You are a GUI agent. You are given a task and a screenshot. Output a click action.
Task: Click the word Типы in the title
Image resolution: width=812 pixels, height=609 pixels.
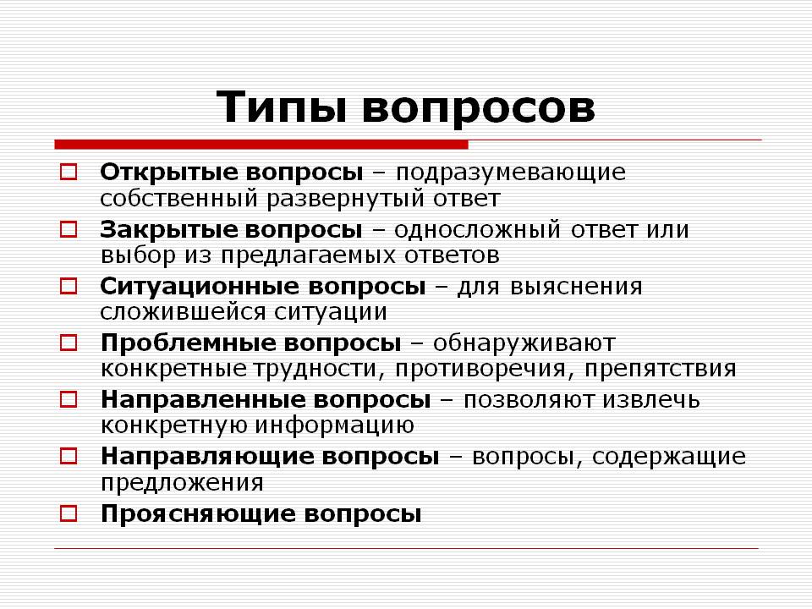(x=281, y=107)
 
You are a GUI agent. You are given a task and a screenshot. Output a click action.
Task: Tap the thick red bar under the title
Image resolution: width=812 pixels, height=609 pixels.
(x=261, y=145)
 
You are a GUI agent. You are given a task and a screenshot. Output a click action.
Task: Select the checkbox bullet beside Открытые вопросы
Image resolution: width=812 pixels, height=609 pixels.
(x=69, y=172)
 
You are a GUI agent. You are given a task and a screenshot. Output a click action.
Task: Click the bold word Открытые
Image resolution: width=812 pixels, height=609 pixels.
(x=169, y=172)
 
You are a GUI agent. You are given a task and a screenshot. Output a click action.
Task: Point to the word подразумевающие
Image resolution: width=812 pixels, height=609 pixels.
(x=511, y=173)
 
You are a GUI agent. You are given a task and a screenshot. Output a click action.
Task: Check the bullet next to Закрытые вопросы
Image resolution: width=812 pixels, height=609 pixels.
(x=69, y=229)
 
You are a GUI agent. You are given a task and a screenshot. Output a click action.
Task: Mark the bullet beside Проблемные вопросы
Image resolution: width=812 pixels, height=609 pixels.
(x=69, y=343)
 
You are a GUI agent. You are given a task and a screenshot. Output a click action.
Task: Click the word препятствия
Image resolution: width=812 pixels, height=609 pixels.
(x=661, y=370)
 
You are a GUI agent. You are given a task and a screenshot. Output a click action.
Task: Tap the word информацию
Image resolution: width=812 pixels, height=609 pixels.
(x=335, y=425)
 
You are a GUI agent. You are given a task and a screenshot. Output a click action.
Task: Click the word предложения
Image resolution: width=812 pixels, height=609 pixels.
(x=182, y=483)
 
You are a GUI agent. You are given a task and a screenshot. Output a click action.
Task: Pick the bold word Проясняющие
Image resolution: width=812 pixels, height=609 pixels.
(x=198, y=513)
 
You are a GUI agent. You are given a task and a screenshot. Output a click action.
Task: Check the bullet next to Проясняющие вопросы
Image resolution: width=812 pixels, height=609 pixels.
(x=69, y=513)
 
